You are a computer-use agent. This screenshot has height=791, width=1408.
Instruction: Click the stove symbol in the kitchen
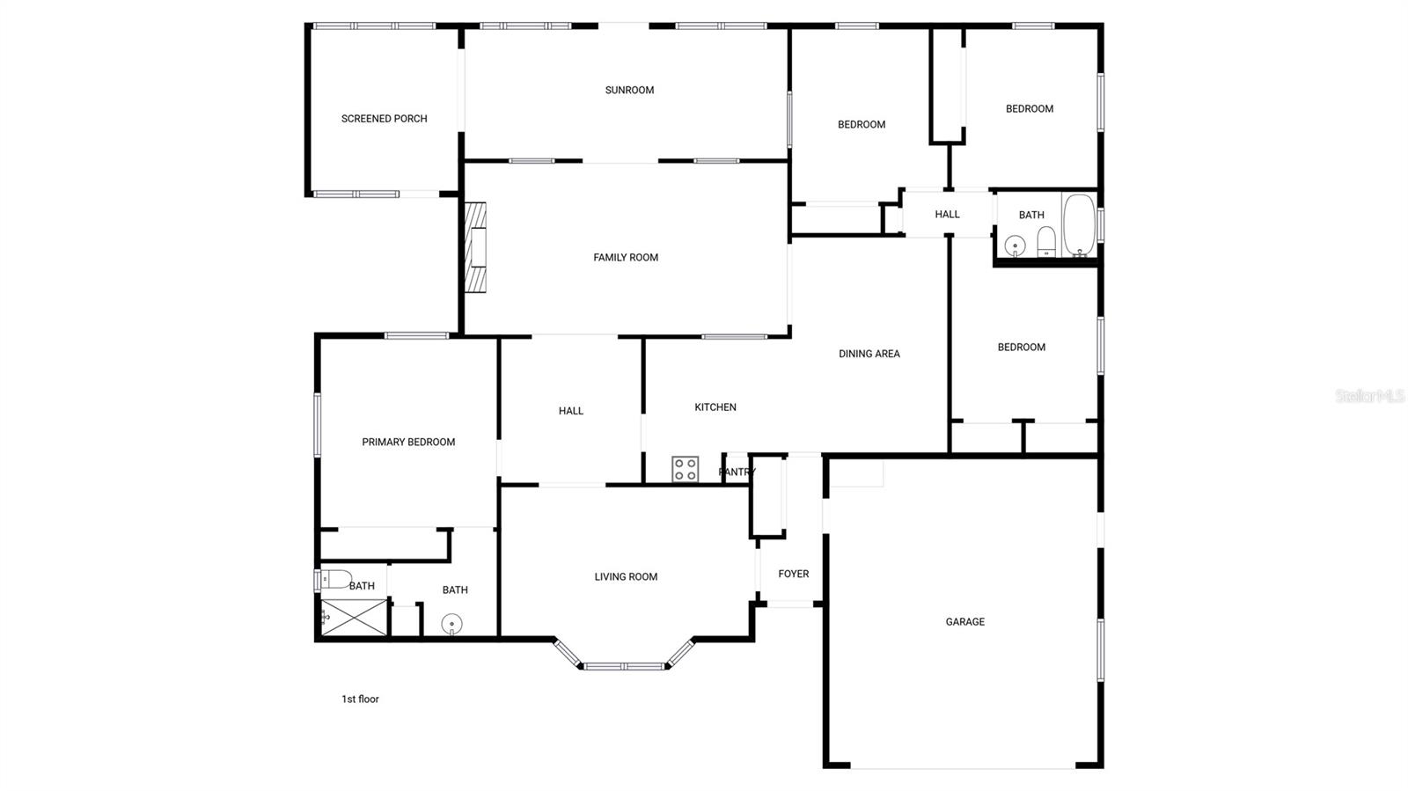686,469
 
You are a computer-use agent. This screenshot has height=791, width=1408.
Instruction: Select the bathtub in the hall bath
1079,225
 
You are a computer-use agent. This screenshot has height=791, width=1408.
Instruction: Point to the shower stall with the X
353,618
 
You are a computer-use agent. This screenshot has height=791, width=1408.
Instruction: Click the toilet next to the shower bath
335,579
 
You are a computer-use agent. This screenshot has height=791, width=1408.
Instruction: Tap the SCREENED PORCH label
385,119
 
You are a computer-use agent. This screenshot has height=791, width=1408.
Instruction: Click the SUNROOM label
629,90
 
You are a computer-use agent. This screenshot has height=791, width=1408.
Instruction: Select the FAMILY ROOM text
626,258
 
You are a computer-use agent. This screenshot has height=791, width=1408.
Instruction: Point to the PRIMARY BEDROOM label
408,443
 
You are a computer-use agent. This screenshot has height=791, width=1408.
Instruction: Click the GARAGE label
965,622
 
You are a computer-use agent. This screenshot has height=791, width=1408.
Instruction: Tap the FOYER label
794,574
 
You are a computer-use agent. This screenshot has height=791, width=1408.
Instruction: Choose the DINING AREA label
869,354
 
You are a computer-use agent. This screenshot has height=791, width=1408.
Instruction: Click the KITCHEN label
715,407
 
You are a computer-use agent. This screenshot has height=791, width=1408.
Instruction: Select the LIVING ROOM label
626,577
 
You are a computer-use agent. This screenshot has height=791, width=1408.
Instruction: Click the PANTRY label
737,472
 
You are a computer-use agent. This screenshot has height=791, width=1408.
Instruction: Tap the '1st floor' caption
360,699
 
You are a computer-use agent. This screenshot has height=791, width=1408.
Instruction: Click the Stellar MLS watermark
1369,397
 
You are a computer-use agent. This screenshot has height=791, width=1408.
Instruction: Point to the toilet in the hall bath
1046,240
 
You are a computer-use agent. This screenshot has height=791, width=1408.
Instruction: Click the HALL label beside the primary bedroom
571,411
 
